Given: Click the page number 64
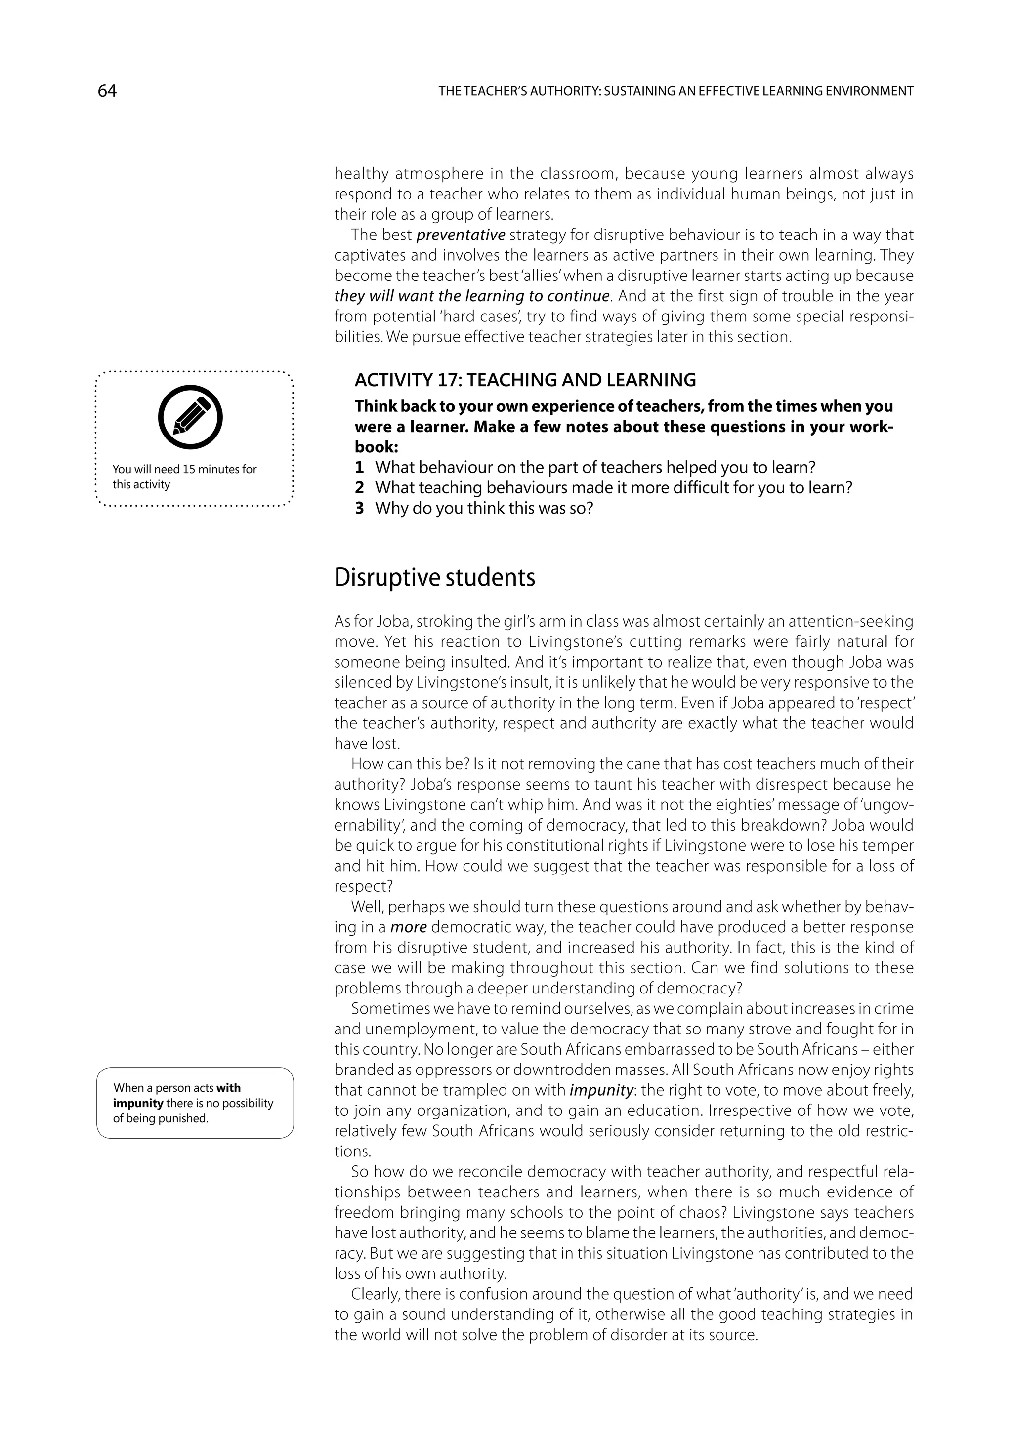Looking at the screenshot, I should (107, 91).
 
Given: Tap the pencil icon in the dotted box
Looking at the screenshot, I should (191, 417).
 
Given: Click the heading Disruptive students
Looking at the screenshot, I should (434, 577).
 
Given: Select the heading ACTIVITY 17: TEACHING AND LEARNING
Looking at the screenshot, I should (525, 379).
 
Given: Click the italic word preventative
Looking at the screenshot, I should (461, 235).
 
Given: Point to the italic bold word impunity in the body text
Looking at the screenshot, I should (601, 1090).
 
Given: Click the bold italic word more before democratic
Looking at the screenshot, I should (408, 927).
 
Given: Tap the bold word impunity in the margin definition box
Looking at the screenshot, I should (138, 1103).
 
